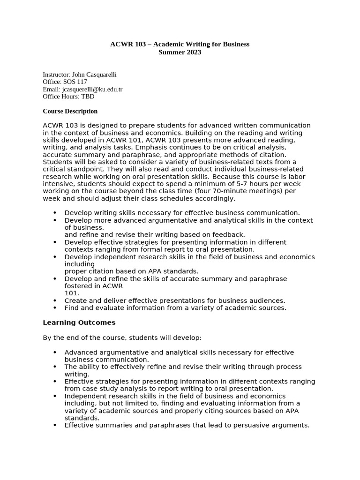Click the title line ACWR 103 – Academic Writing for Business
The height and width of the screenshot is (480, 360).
point(180,44)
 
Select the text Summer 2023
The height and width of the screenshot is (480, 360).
point(180,52)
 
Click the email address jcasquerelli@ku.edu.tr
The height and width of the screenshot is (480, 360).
point(92,89)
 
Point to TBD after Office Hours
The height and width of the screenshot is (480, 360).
point(88,97)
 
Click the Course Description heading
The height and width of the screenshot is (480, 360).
point(70,111)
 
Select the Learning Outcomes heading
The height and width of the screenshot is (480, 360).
point(79,322)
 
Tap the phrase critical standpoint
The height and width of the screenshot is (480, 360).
point(70,169)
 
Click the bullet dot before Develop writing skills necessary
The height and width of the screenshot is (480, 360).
point(55,213)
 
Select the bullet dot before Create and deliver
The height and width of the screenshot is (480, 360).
point(55,301)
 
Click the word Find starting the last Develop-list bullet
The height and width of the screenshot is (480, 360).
point(71,308)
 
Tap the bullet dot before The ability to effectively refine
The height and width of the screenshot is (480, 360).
point(55,367)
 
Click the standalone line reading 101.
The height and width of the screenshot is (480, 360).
point(72,293)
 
